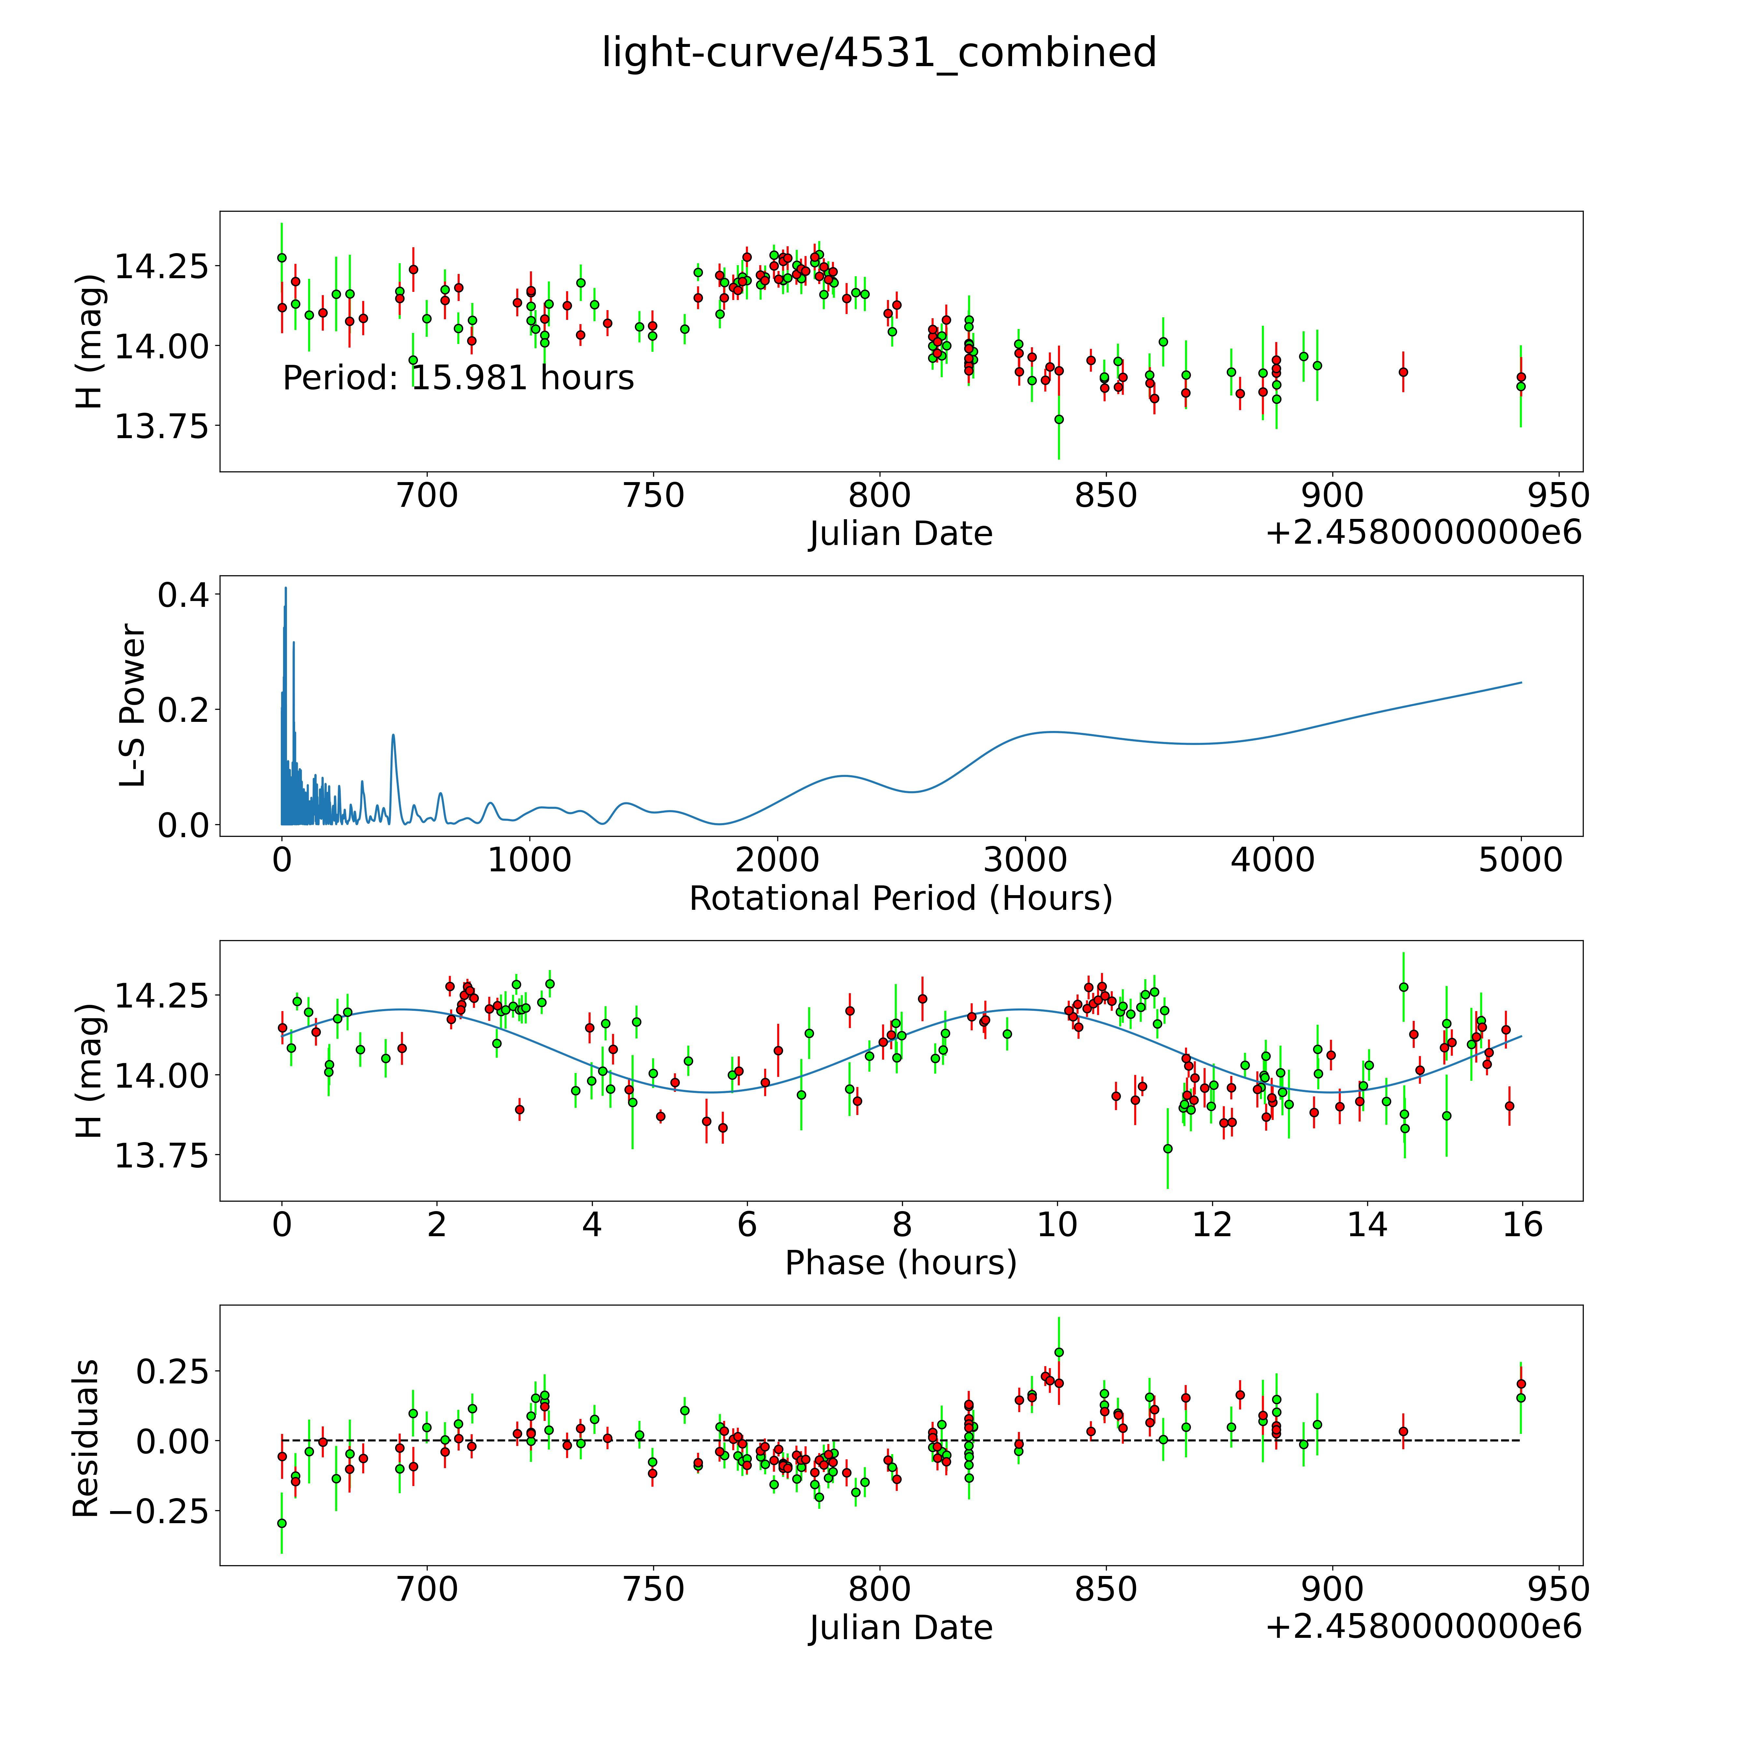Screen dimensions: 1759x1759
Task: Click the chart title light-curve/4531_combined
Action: (879, 53)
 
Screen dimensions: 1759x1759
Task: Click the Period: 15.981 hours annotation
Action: (458, 378)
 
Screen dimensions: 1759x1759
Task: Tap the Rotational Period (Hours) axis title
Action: (900, 899)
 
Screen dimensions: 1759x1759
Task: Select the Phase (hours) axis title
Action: (900, 1263)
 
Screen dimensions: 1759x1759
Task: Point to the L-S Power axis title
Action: (133, 706)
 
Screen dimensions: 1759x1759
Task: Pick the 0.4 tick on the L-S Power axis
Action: (183, 595)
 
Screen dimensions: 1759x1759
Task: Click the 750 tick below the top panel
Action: (654, 496)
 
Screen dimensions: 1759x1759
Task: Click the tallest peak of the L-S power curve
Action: (285, 588)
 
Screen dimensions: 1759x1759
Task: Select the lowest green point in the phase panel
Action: (1167, 1149)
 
